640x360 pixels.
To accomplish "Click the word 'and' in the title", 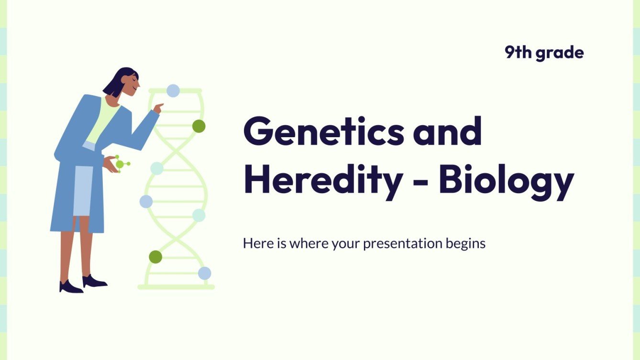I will coord(447,132).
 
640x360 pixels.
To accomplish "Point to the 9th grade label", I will coord(544,53).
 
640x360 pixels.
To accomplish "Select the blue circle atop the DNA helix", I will coord(173,90).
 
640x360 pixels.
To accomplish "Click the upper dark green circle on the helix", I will coord(199,126).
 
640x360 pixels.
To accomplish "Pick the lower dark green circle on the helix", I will coord(155,257).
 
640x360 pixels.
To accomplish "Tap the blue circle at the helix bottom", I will coord(204,273).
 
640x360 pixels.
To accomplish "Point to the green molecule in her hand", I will coord(121,164).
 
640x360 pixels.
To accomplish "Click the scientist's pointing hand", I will coord(158,107).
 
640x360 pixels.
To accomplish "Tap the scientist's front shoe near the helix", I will coord(95,282).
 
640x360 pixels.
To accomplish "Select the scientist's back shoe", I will coord(71,287).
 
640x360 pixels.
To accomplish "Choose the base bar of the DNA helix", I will coord(176,287).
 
